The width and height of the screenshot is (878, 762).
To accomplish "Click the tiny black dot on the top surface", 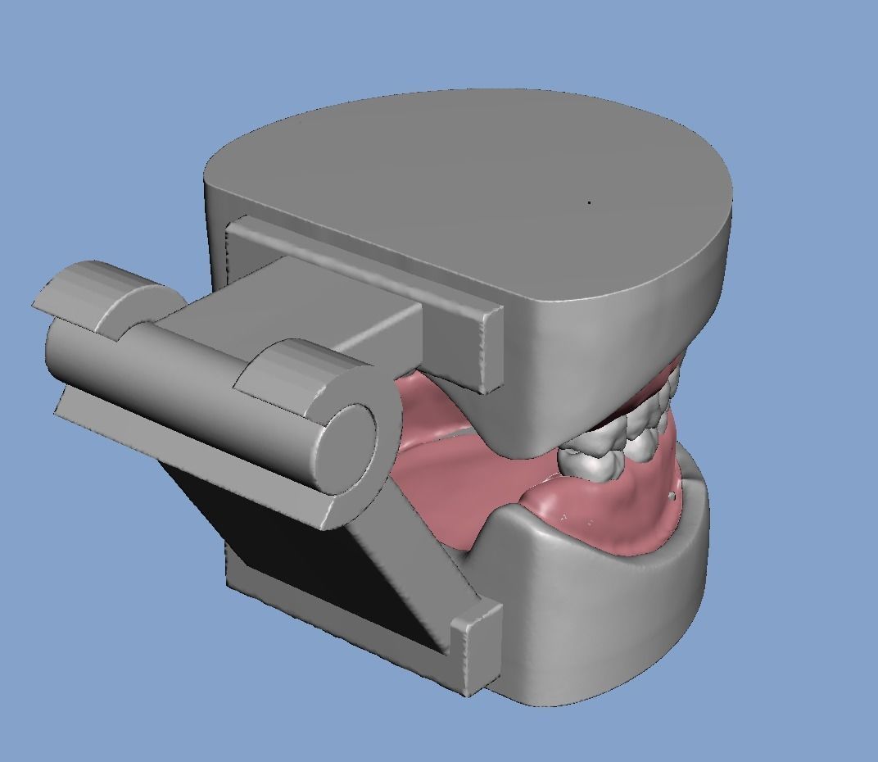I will pyautogui.click(x=590, y=202).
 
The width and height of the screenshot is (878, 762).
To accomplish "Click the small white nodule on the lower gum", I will pyautogui.click(x=672, y=496).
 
